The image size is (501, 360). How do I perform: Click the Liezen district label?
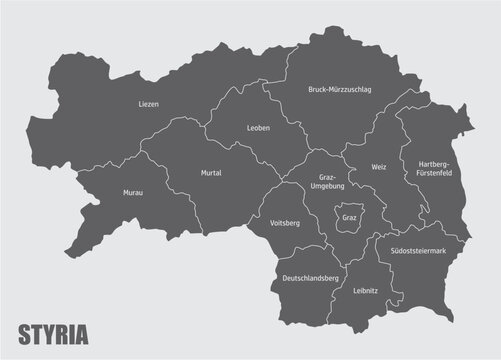click(149, 103)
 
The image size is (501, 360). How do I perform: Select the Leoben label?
click(258, 128)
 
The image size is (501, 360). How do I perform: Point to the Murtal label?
click(210, 173)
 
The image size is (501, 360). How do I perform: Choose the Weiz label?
click(378, 167)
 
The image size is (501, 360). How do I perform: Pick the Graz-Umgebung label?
click(331, 182)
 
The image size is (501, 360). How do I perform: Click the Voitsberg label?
click(285, 224)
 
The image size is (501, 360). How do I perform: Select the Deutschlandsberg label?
click(311, 276)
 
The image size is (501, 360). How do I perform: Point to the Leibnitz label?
click(366, 290)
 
